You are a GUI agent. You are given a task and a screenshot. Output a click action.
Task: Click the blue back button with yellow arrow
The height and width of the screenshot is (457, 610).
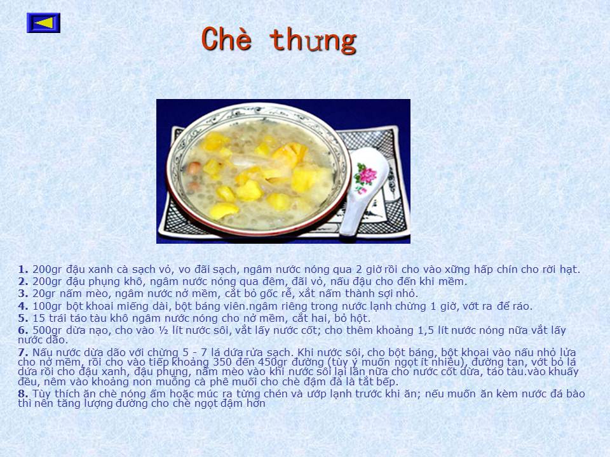coord(44,23)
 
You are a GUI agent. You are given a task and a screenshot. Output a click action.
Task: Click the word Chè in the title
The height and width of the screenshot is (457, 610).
coord(226,39)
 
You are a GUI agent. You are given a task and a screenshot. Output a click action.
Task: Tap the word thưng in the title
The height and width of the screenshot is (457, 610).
coord(313,41)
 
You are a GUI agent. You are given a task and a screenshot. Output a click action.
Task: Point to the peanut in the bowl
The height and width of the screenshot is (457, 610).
coord(194,168)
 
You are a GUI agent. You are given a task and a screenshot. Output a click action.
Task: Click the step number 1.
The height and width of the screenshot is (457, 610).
coord(23,269)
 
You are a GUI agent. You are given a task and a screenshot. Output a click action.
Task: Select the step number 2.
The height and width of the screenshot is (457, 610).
coord(23,281)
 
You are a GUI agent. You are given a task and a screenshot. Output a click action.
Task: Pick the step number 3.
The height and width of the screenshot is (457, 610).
coord(23,293)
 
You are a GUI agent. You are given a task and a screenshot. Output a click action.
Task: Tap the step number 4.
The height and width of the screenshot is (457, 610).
coord(23,306)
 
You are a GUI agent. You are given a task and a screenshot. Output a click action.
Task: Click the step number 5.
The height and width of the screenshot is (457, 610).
coord(23,318)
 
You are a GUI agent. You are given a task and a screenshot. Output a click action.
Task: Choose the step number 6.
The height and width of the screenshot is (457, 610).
coord(23,330)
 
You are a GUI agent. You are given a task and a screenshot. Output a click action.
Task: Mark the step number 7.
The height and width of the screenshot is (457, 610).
coord(23,353)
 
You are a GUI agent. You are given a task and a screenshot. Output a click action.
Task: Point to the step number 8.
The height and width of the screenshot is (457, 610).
coord(23,394)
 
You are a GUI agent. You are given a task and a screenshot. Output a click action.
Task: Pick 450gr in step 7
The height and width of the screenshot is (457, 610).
coord(273,362)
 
